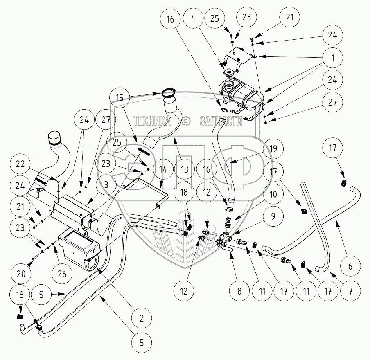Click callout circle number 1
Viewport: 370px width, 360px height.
333,58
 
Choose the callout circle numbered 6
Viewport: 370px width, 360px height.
350,266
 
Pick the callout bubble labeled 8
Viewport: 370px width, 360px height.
239,292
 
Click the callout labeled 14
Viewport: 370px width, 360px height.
162,169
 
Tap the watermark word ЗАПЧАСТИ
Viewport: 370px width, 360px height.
219,121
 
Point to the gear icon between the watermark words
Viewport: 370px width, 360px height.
186,121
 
